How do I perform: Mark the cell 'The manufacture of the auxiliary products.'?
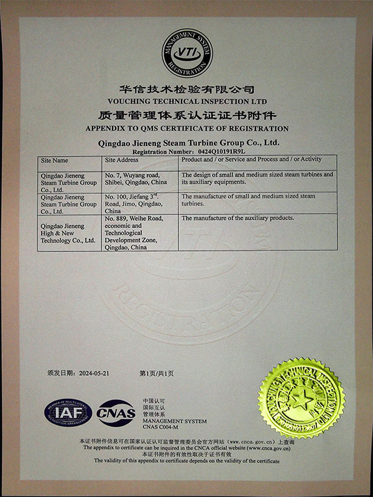pyautogui.click(x=237, y=218)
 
